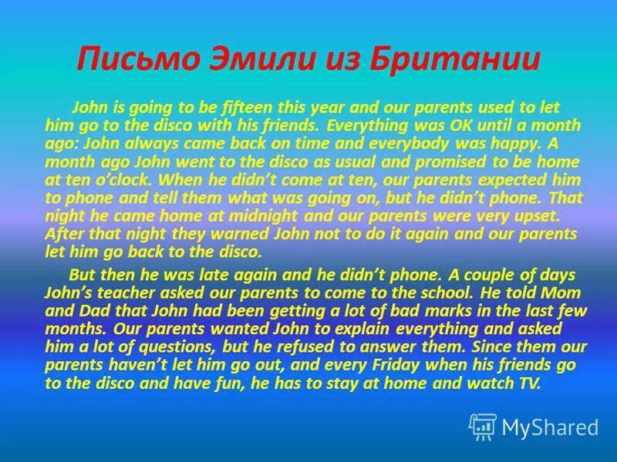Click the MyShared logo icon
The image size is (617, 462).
(x=483, y=426)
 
